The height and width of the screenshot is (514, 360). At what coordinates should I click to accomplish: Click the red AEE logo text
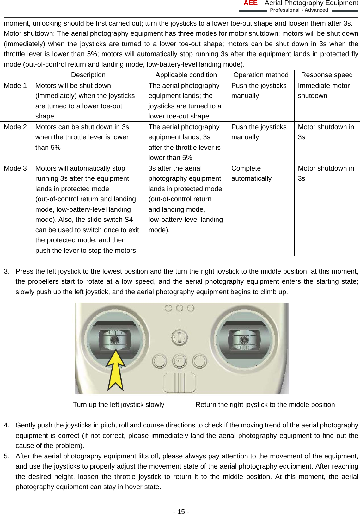click(250, 3)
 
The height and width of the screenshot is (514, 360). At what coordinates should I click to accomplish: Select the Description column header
click(88, 75)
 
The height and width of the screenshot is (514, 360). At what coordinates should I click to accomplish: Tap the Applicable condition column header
click(186, 75)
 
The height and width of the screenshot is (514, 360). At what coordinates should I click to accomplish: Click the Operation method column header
click(261, 75)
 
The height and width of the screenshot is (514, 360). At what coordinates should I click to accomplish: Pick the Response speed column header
click(326, 75)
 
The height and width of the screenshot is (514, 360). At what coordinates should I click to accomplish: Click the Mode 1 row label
click(15, 86)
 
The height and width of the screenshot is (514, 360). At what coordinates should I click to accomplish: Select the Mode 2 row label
click(15, 127)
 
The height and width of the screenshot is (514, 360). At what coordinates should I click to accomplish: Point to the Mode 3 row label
click(15, 168)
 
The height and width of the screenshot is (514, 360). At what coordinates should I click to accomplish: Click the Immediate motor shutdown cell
click(323, 91)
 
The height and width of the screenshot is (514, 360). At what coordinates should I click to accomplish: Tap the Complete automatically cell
click(251, 173)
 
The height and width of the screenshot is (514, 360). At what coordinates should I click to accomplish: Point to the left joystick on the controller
click(114, 340)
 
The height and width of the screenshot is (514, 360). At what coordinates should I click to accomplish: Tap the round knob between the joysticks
click(179, 337)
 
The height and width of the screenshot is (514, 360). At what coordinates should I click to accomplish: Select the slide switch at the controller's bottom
click(180, 383)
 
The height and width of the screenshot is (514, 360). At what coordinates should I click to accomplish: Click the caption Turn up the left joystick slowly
click(119, 405)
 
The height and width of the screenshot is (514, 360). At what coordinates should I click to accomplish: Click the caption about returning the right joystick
click(265, 405)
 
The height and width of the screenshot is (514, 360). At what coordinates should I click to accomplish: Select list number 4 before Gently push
click(6, 425)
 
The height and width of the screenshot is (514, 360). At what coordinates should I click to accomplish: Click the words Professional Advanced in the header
click(299, 10)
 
